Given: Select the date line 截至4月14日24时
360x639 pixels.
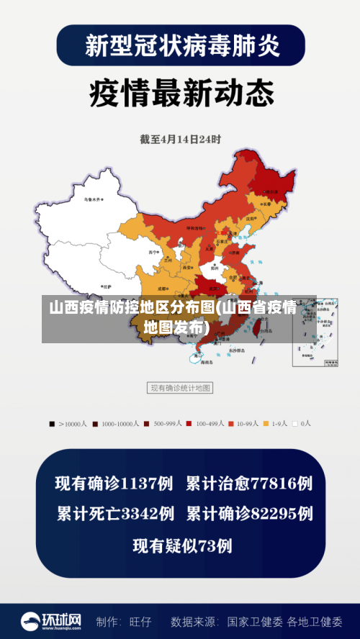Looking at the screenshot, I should click(x=180, y=139).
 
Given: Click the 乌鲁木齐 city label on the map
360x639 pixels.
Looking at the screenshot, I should click(x=92, y=198).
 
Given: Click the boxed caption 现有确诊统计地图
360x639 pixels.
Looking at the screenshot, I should click(x=180, y=388).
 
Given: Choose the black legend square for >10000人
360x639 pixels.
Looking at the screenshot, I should click(x=52, y=424).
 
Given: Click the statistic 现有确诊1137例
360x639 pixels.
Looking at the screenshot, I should click(x=115, y=483).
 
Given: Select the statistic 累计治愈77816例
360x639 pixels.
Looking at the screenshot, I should click(x=249, y=483).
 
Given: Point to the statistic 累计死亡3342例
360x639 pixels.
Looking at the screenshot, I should click(x=115, y=514).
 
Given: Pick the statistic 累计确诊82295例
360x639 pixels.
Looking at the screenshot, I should click(x=249, y=514).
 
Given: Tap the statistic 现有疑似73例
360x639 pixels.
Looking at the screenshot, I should click(x=182, y=545).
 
